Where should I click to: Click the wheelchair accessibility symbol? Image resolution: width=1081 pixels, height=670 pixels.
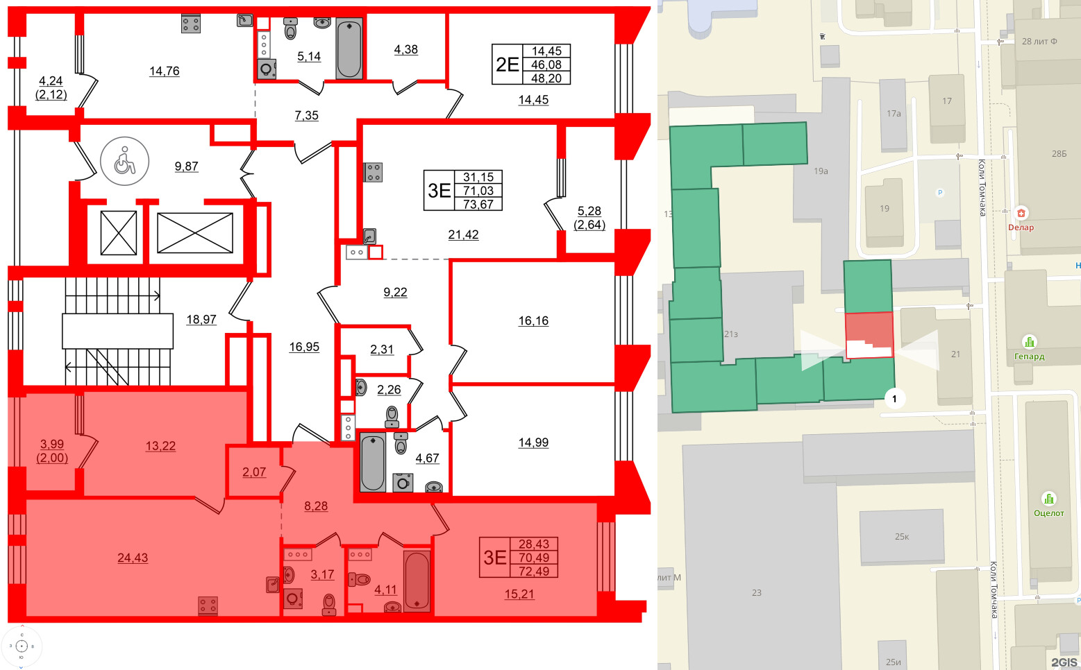pos(125,162)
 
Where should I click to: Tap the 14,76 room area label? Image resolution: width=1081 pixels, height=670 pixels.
pos(165,71)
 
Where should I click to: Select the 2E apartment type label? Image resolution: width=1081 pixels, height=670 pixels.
pos(507,65)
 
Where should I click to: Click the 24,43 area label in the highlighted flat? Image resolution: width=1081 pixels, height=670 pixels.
pos(133,558)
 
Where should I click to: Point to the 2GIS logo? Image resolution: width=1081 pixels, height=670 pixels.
pos(1064,662)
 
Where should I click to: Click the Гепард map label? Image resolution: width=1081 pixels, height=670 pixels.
pos(1029,357)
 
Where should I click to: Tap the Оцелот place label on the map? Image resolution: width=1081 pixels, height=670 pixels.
pos(1048,513)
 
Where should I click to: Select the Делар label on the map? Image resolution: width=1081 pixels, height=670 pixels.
pos(1021,227)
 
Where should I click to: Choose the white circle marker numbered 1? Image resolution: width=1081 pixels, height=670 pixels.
pos(895,398)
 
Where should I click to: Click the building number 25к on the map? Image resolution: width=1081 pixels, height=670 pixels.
pos(902,536)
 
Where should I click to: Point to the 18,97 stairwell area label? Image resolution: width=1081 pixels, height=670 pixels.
pos(201,320)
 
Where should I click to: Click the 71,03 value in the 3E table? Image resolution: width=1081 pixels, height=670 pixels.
pos(478,191)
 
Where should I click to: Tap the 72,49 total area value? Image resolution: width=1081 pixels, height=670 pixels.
pos(533,572)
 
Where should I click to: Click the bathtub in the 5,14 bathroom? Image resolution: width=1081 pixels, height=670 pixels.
pos(349,49)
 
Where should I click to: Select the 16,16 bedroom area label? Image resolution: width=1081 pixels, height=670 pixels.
pos(533,320)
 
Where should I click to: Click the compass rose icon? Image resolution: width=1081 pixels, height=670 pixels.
pos(22,646)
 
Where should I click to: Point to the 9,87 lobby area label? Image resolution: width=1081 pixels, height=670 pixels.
pos(186,166)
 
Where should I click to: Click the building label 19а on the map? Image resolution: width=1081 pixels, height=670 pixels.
pos(821,171)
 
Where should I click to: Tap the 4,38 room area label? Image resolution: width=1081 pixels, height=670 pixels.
pos(406,49)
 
